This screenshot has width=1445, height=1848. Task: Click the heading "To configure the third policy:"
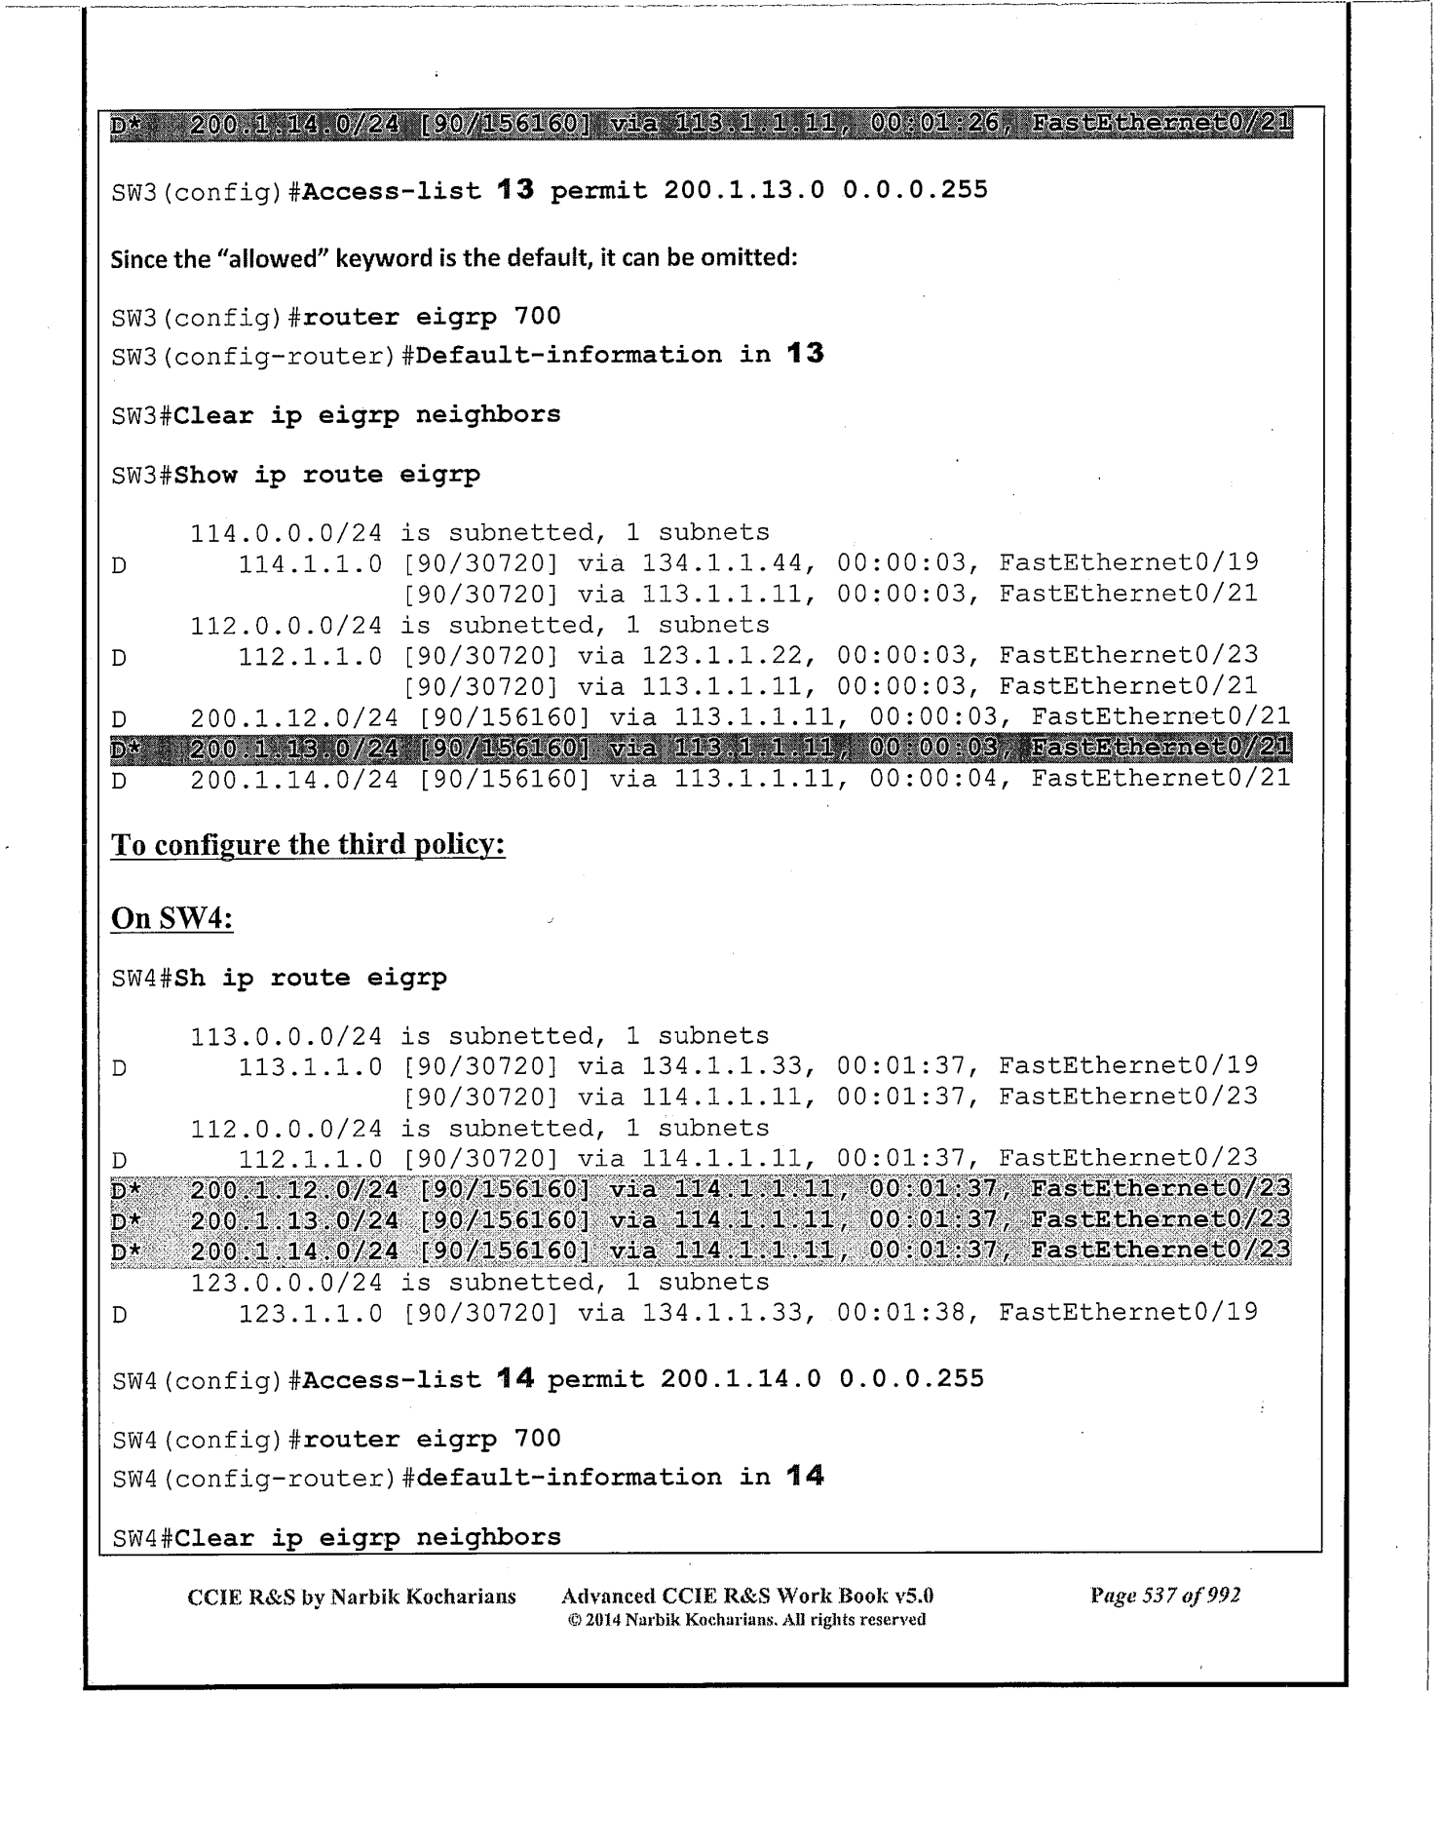(x=308, y=844)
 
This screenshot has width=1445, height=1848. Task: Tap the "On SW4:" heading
(x=172, y=918)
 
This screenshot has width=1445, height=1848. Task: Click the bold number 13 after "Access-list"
(x=515, y=189)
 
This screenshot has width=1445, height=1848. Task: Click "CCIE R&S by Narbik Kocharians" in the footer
(x=351, y=1597)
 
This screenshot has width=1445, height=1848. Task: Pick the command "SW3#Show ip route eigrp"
(x=295, y=475)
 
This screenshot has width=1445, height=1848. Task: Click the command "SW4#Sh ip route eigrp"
(x=280, y=978)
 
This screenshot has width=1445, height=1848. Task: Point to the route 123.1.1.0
(x=311, y=1313)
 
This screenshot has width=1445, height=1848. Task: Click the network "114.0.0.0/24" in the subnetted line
(x=285, y=533)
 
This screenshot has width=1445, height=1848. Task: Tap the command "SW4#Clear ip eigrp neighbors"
(x=336, y=1537)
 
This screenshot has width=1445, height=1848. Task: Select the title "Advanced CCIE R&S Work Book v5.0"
(x=747, y=1597)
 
